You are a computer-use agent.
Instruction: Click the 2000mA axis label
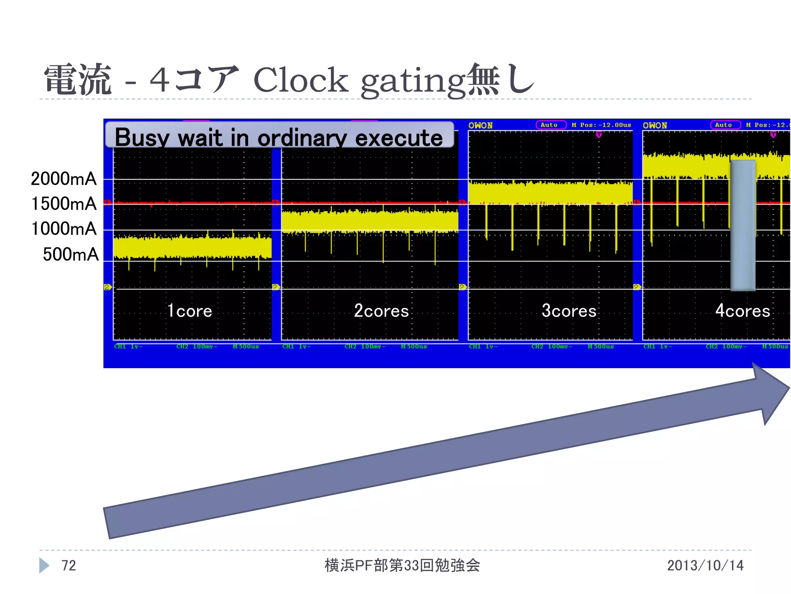coord(64,179)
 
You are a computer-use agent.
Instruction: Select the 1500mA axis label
coord(64,204)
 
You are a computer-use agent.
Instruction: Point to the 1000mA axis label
coord(64,229)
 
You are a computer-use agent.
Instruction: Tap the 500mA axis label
coord(70,254)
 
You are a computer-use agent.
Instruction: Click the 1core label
coord(190,311)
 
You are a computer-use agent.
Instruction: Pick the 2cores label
coord(381,311)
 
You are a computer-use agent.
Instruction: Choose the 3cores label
coord(569,311)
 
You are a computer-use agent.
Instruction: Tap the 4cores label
coord(742,311)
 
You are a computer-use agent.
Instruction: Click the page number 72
coord(69,565)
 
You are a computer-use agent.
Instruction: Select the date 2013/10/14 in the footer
coord(705,565)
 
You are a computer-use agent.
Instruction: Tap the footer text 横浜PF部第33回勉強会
coord(402,565)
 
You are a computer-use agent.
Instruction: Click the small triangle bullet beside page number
coord(44,565)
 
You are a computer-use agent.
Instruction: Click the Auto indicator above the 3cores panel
coord(551,125)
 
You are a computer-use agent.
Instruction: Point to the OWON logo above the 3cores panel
coord(480,125)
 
